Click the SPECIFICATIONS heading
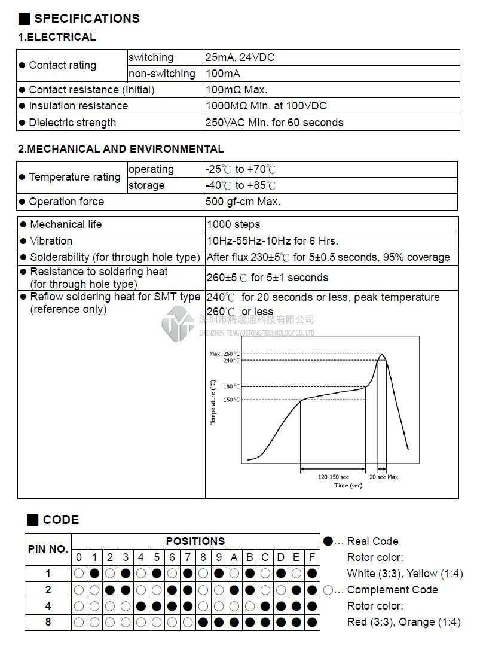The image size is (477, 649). pyautogui.click(x=86, y=18)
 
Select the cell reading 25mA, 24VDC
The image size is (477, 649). pyautogui.click(x=240, y=57)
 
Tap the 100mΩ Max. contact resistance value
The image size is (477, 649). pyautogui.click(x=237, y=90)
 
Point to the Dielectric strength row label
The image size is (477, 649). pyautogui.click(x=72, y=123)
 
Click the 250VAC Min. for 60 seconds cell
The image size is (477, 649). pyautogui.click(x=274, y=123)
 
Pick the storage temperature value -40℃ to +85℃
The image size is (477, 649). pyautogui.click(x=241, y=185)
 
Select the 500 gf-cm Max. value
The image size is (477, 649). pyautogui.click(x=243, y=202)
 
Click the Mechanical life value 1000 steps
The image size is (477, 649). pyautogui.click(x=234, y=224)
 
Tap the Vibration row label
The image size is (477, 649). pyautogui.click(x=51, y=241)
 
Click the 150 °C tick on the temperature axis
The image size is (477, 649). pyautogui.click(x=232, y=400)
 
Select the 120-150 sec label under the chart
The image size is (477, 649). pyautogui.click(x=333, y=477)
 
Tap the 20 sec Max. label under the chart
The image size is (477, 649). pyautogui.click(x=384, y=477)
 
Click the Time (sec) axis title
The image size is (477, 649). pyautogui.click(x=348, y=485)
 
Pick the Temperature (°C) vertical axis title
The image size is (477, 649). pyautogui.click(x=213, y=403)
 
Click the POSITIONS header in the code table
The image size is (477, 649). pyautogui.click(x=195, y=541)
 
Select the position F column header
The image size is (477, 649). pyautogui.click(x=311, y=557)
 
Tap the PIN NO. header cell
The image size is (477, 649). pyautogui.click(x=48, y=549)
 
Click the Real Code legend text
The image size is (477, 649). pyautogui.click(x=372, y=541)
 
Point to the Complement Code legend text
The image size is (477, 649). pyautogui.click(x=392, y=590)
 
